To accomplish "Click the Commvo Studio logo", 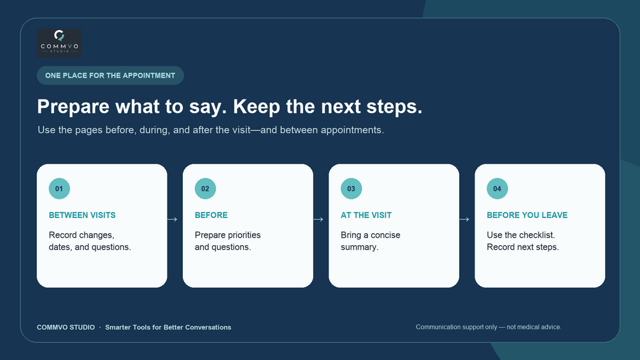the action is pos(59,43).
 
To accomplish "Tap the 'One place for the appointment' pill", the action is pos(110,76).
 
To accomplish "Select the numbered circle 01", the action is pos(59,189).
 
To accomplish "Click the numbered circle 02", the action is pos(205,189).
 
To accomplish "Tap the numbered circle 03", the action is pos(351,189).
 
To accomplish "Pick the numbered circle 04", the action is pos(497,189).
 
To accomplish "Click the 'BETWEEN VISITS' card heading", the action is pos(82,215).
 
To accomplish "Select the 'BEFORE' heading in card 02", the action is pos(211,215).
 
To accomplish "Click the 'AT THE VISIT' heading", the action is pos(366,215).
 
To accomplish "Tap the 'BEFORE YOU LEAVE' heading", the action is pos(527,215).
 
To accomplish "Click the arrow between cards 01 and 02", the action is pos(172,219).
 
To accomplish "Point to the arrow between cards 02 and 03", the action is pos(318,219).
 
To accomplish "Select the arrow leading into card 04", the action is pos(464,219).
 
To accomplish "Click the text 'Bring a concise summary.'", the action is pos(371,241).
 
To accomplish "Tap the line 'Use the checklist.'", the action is pos(521,235).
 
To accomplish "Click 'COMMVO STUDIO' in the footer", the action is pos(66,328).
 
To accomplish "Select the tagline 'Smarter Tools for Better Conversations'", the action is pos(168,328).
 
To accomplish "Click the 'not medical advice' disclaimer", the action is pos(488,327).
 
